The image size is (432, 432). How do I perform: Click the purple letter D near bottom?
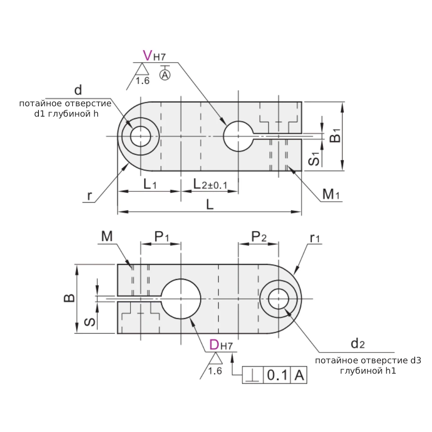(x=214, y=345)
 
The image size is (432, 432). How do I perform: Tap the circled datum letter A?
(x=165, y=75)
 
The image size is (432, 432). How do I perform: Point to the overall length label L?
(x=210, y=205)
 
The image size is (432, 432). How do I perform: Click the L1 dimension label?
(x=149, y=184)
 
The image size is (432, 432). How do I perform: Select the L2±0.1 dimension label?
(x=210, y=184)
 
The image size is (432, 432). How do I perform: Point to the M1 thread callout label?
(x=331, y=195)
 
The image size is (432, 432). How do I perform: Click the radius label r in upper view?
(x=89, y=196)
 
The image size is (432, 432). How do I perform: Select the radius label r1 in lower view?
(x=314, y=238)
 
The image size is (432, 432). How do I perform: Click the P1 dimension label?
(x=162, y=237)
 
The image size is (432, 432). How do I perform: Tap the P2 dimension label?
(x=259, y=237)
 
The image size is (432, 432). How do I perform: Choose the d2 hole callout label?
(x=358, y=344)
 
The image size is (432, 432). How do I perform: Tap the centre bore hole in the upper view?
(x=238, y=137)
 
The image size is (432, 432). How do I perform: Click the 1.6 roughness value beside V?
(x=143, y=80)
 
